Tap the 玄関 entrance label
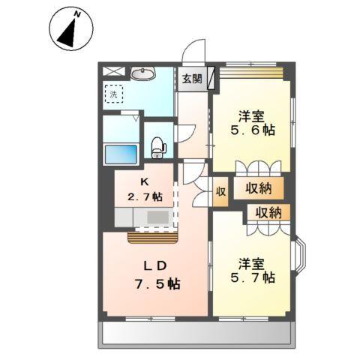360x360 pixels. (191, 79)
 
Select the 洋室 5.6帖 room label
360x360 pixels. (251, 122)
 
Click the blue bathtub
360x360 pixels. (119, 155)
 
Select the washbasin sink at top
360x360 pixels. (141, 73)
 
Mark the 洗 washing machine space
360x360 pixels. (113, 94)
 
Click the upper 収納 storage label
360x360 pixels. (259, 189)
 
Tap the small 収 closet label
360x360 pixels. (220, 190)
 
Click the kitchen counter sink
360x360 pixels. (157, 217)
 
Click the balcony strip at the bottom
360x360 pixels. (195, 334)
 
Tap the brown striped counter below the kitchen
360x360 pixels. (152, 238)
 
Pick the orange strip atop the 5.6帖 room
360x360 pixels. (251, 73)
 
